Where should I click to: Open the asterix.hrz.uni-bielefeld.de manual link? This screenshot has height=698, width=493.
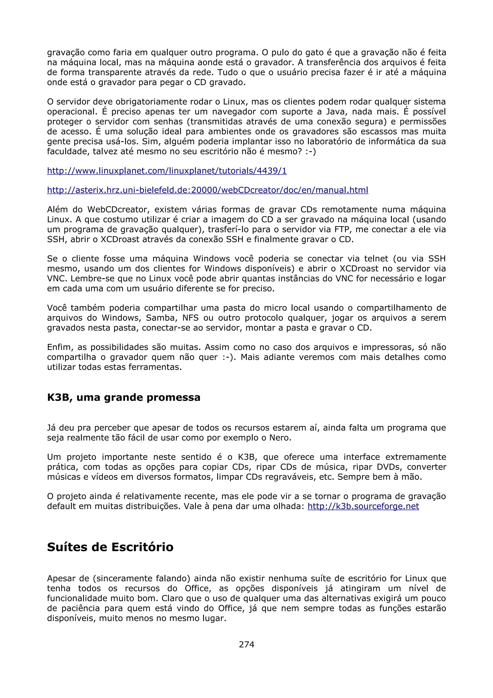click(x=208, y=190)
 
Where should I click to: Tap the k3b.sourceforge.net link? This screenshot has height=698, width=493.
click(x=363, y=506)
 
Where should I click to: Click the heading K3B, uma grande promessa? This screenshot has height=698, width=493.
click(x=124, y=397)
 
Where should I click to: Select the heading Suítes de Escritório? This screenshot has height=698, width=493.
click(x=110, y=547)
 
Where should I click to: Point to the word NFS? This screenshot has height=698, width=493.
click(x=190, y=318)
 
